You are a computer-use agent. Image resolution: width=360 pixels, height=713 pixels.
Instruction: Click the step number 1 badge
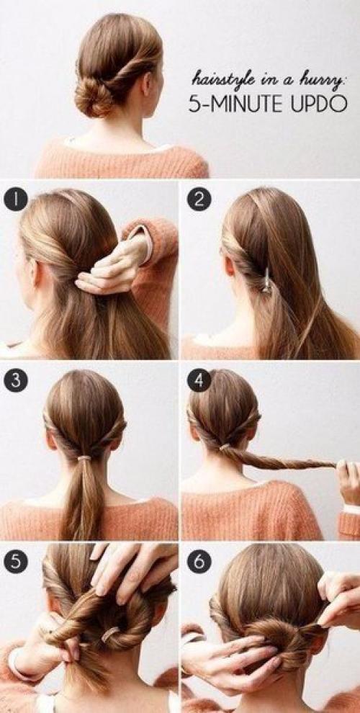(16, 199)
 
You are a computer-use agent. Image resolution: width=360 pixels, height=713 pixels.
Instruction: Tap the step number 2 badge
(199, 199)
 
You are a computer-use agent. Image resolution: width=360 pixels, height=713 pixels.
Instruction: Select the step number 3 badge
(16, 380)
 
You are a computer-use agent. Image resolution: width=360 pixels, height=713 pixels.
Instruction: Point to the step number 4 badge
(199, 380)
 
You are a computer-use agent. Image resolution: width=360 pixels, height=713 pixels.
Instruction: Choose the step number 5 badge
(16, 562)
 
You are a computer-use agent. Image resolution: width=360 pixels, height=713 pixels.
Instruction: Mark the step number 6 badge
(199, 562)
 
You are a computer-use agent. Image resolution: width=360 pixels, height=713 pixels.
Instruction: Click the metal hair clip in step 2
(267, 281)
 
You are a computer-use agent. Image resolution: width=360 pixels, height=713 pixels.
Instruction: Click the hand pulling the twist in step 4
(348, 482)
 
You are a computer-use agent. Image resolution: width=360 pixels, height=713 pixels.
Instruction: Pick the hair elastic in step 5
(110, 634)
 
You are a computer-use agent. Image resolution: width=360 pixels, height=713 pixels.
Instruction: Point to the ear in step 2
(229, 266)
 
